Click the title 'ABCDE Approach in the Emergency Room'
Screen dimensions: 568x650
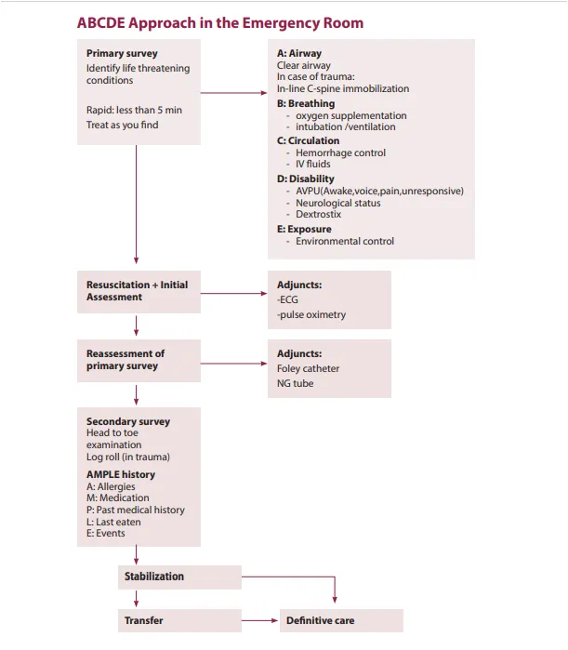click(220, 23)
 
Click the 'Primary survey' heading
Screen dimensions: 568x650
click(122, 54)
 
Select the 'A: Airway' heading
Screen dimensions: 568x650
click(299, 53)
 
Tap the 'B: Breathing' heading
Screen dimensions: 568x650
click(306, 103)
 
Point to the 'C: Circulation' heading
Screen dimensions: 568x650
click(309, 140)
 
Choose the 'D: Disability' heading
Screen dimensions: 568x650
click(305, 179)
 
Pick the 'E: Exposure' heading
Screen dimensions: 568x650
click(304, 229)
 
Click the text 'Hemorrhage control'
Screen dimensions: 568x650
click(340, 153)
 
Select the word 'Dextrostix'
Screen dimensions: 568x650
click(318, 214)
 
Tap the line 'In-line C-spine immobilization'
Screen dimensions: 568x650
click(343, 88)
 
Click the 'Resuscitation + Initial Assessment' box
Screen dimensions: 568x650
click(139, 292)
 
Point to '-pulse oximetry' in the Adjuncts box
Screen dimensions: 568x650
click(311, 314)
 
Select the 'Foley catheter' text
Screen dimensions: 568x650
click(309, 368)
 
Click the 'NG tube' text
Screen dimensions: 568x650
click(295, 383)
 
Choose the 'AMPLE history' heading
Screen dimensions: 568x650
click(121, 474)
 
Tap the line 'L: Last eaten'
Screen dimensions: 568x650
click(113, 522)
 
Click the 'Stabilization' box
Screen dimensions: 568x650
click(179, 577)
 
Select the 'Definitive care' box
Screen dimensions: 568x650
click(341, 620)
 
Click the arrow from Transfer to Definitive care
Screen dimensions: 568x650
click(259, 620)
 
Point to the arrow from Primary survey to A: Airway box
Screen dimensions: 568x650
click(234, 93)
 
